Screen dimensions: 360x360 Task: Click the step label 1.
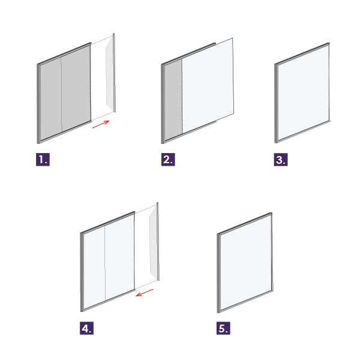[x=43, y=160]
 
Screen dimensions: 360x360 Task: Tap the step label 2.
[x=168, y=160]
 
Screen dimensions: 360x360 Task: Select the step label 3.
[x=281, y=160]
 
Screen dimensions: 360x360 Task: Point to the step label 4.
[x=86, y=328]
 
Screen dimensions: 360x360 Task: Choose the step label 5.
[x=223, y=328]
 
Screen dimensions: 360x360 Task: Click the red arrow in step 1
[x=101, y=124]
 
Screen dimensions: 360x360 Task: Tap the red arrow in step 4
[x=145, y=293]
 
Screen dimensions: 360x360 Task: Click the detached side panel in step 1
[x=110, y=73]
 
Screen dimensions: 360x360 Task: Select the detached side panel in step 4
[x=154, y=242]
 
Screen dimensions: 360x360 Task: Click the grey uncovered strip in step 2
[x=173, y=99]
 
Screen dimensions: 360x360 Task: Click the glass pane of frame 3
[x=304, y=93]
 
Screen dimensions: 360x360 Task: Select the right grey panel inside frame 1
[x=76, y=89]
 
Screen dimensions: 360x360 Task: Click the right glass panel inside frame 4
[x=119, y=258]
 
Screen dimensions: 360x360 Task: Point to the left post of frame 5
[x=218, y=273]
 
